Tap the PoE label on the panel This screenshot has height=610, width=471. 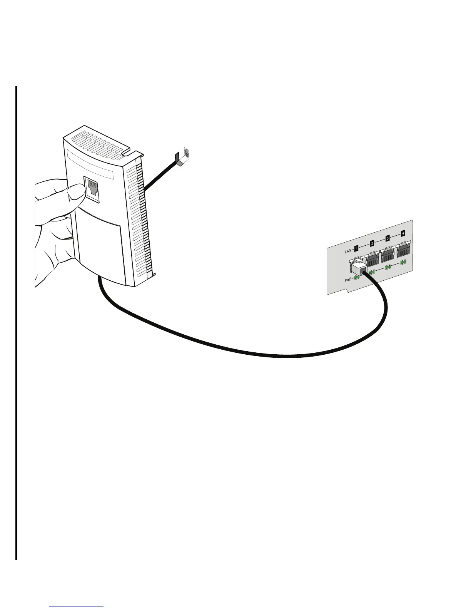click(x=349, y=280)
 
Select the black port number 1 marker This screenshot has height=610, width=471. click(x=356, y=248)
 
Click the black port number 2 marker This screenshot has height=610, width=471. click(x=372, y=243)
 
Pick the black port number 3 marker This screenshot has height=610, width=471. click(x=387, y=238)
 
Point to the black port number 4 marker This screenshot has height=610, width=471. click(x=403, y=233)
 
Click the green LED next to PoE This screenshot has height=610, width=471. click(x=357, y=277)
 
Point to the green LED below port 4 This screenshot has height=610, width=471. click(x=404, y=262)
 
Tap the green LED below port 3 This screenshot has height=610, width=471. click(x=388, y=267)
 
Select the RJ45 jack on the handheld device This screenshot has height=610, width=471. click(x=93, y=188)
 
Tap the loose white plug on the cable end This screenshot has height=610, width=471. click(x=186, y=154)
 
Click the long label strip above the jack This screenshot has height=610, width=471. click(x=91, y=165)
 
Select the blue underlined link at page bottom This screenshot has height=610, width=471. click(x=77, y=607)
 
